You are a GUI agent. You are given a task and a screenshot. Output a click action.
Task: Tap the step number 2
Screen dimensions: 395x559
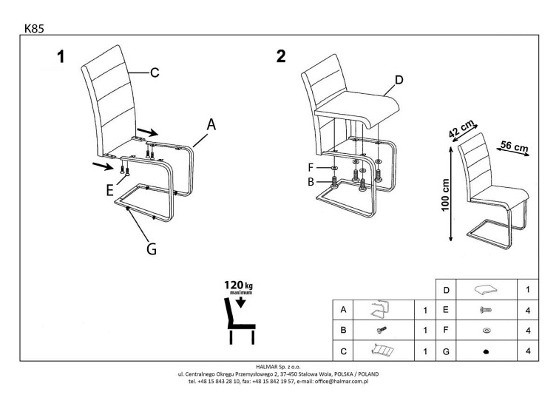coord(280,57)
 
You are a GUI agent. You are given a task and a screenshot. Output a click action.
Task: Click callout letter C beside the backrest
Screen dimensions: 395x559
coord(155,72)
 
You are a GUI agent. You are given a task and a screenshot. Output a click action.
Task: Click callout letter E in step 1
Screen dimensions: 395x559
coord(110,190)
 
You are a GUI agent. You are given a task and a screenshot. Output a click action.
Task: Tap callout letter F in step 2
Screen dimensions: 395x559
coord(311,168)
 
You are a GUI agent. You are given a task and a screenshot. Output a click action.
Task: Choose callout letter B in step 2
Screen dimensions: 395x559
coord(311,180)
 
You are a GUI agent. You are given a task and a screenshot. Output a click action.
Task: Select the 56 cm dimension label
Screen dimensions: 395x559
coord(514,146)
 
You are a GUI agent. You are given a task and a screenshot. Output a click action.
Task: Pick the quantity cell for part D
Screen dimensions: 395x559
coord(528,290)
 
